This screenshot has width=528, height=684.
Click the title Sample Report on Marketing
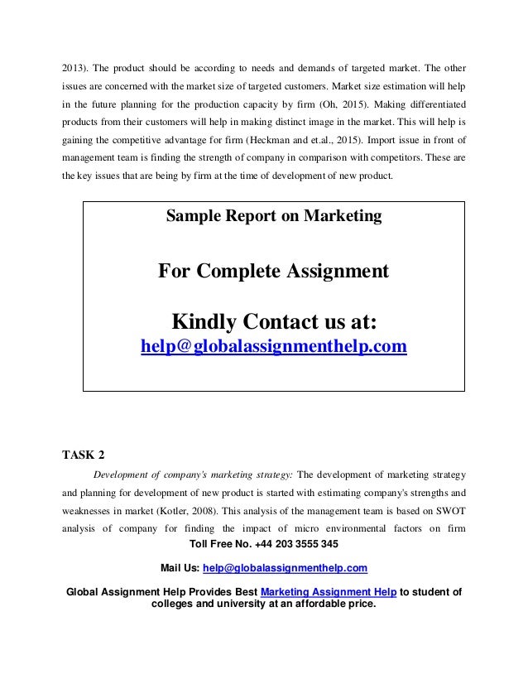(x=274, y=217)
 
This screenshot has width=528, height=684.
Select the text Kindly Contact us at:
(x=273, y=320)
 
